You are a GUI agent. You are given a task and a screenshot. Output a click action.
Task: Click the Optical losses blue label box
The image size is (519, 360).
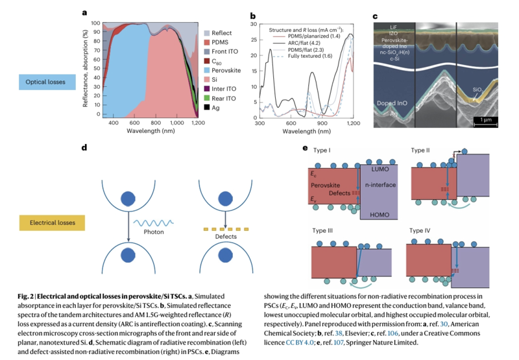tap(47, 82)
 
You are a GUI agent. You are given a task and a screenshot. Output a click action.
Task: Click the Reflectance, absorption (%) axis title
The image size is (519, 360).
tap(86, 70)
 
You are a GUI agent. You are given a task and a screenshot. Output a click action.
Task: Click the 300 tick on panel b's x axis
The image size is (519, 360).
tap(259, 122)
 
